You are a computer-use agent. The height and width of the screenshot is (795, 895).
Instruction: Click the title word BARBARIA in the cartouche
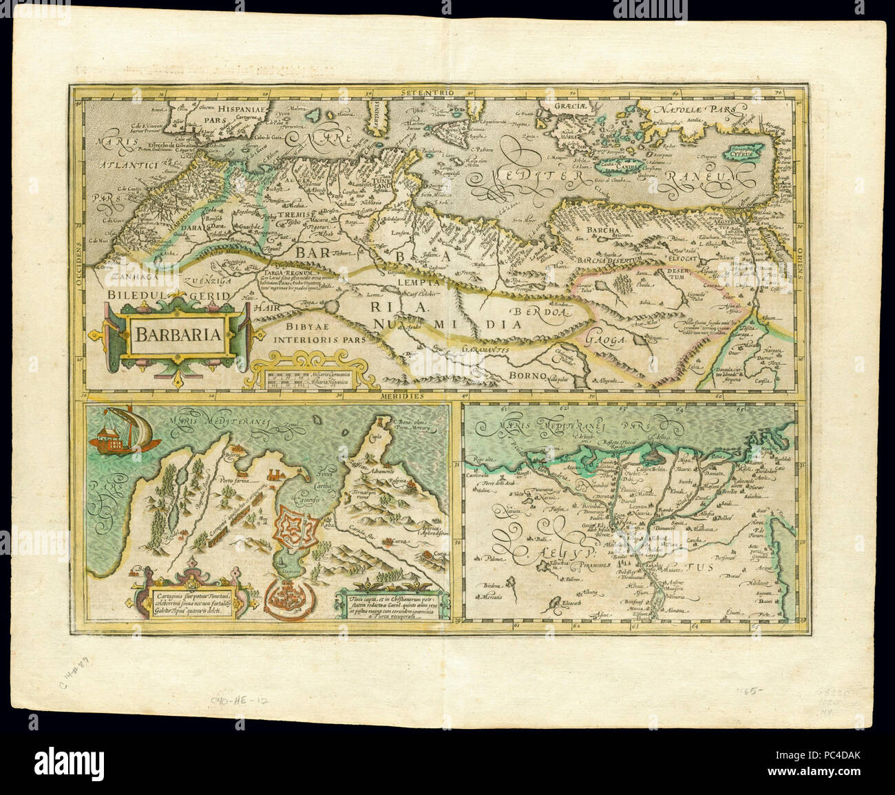tap(177, 336)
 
